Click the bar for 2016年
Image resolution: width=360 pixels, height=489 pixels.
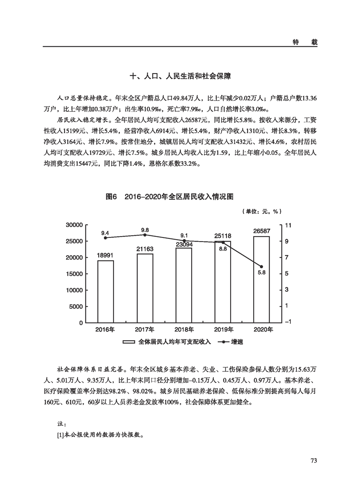[105, 291]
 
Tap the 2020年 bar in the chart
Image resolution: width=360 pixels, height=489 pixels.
[261, 279]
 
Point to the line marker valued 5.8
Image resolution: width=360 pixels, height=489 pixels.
[261, 267]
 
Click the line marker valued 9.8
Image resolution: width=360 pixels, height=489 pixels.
[145, 235]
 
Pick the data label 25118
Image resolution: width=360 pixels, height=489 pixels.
[223, 236]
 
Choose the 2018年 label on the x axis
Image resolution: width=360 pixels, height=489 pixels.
[184, 330]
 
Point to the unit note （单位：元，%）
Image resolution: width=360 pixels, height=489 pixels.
[262, 211]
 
